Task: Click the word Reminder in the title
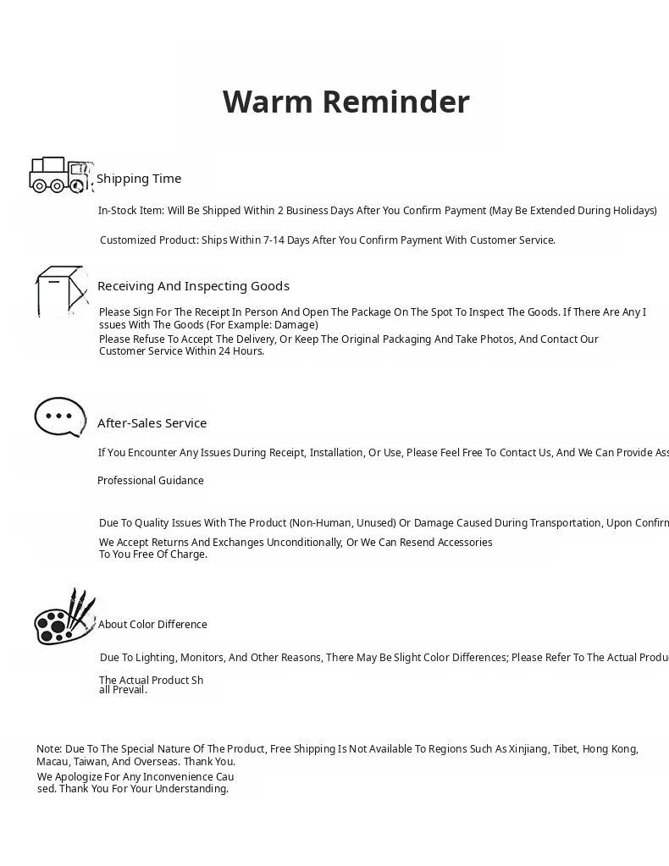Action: [395, 102]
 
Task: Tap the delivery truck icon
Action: [60, 175]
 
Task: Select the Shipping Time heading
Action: [139, 179]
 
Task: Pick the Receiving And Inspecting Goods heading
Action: [193, 286]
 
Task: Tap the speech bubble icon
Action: [59, 416]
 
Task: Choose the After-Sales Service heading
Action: [152, 423]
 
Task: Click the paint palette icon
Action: [64, 617]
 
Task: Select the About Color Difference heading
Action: [152, 625]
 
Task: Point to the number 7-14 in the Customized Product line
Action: [274, 240]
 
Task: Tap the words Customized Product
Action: [149, 240]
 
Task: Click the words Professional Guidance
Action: [151, 481]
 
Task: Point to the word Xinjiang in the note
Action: [528, 749]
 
